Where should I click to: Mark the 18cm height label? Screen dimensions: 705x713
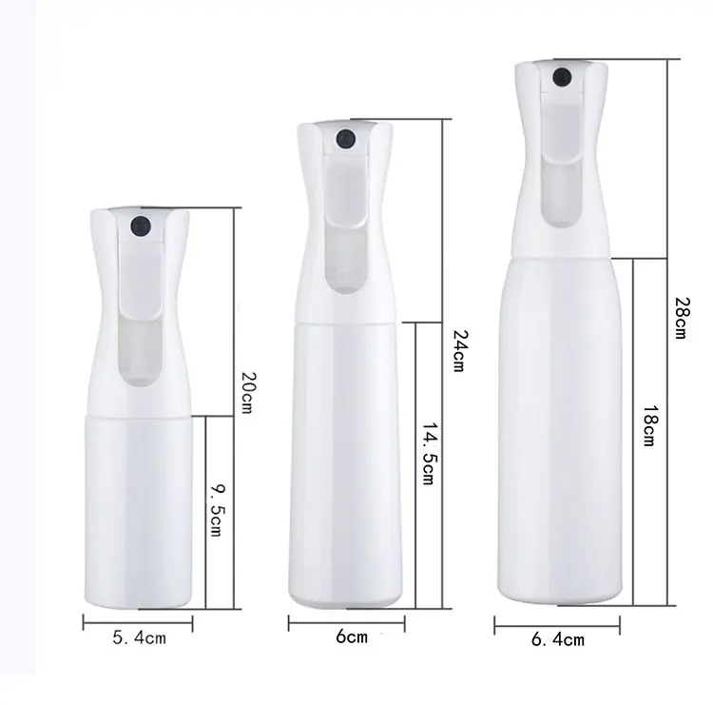click(647, 425)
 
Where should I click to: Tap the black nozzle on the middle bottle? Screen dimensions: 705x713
click(344, 139)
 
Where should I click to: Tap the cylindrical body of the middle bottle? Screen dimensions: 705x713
click(345, 457)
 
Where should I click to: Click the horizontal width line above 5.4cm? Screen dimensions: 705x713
click(138, 623)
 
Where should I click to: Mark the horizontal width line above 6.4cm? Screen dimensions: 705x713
click(557, 625)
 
